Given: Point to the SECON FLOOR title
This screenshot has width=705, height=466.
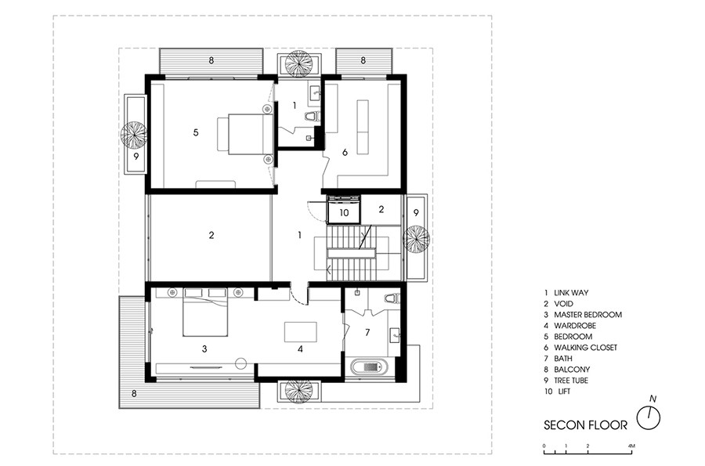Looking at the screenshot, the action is coord(585,425).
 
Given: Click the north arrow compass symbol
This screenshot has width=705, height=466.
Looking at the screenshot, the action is coord(649,417).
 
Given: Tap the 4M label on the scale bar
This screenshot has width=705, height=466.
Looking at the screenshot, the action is coord(631,446).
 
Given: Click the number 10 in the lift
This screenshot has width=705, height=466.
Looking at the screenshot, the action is coord(344,212).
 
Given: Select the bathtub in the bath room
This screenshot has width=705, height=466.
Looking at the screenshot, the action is coord(369,367).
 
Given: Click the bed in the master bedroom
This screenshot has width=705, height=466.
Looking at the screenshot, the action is coord(204,317).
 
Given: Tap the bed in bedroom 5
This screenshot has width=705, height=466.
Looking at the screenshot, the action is coord(245,134).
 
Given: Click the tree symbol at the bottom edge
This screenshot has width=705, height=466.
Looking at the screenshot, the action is coord(298,391).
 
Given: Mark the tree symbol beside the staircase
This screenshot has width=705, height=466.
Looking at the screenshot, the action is coord(416,240).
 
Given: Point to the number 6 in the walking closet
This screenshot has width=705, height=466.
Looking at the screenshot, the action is coord(345,153).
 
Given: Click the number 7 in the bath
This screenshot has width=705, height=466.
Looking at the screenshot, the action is coord(367,333).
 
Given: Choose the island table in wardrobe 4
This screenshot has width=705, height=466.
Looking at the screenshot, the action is coord(300,332).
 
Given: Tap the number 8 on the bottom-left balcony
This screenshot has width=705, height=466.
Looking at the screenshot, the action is coord(134,394).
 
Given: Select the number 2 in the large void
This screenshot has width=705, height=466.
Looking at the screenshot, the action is coord(211,235).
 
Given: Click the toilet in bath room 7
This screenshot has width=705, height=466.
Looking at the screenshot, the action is coord(392,299).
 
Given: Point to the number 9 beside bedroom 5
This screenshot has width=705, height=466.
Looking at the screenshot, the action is coord(136,157).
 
